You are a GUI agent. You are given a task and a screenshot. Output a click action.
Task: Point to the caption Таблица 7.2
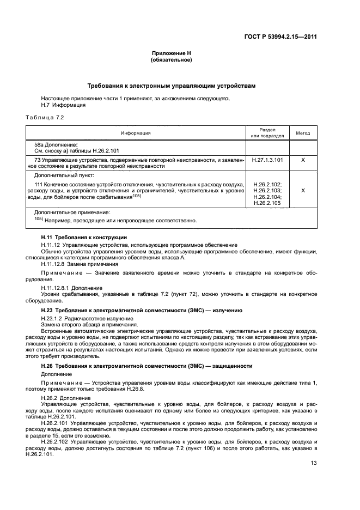tap(45, 117)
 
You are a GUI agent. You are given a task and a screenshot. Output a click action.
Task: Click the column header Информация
tap(136, 133)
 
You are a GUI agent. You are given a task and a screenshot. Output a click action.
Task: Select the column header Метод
tap(303, 133)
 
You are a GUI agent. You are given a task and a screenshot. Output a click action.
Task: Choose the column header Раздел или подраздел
tap(267, 133)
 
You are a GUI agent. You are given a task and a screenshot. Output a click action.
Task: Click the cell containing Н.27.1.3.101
tap(267, 161)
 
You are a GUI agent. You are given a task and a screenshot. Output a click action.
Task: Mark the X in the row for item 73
tap(303, 161)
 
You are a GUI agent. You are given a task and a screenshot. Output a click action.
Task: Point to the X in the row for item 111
tap(303, 191)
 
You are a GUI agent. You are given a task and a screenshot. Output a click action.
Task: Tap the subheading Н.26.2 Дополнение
tap(66, 398)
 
